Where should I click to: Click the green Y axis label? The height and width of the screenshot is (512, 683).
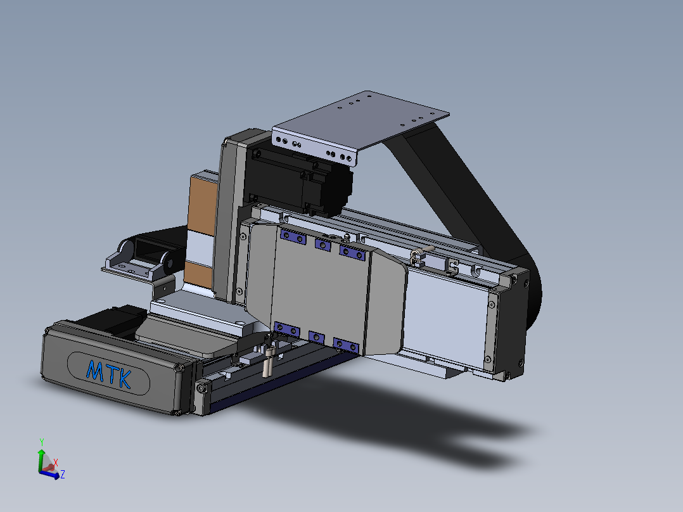[42, 442]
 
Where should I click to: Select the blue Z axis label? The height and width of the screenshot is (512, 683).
[63, 475]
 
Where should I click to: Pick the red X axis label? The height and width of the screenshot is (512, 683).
[56, 463]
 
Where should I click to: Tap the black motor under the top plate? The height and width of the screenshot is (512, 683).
[300, 179]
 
